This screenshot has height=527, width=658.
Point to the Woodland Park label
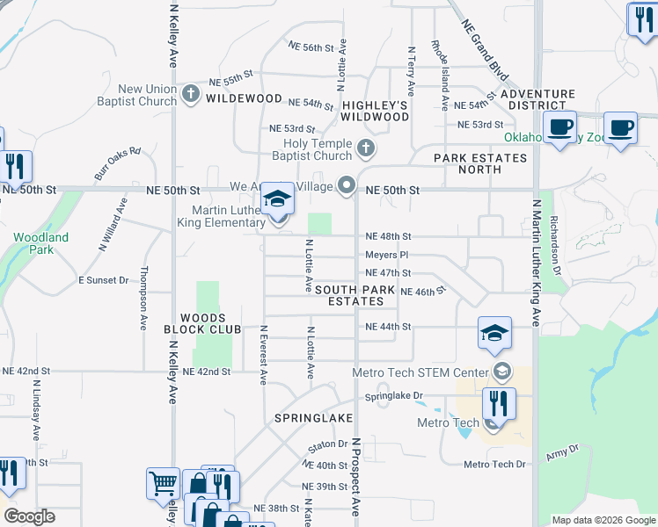click(40, 244)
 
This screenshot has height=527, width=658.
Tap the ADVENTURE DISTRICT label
click(539, 99)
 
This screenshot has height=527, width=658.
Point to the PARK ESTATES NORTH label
click(480, 164)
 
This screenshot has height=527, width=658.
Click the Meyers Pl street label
click(387, 255)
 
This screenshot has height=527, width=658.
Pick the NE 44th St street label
click(388, 327)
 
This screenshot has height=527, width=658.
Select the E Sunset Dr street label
click(105, 280)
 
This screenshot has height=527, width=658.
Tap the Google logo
click(29, 516)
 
